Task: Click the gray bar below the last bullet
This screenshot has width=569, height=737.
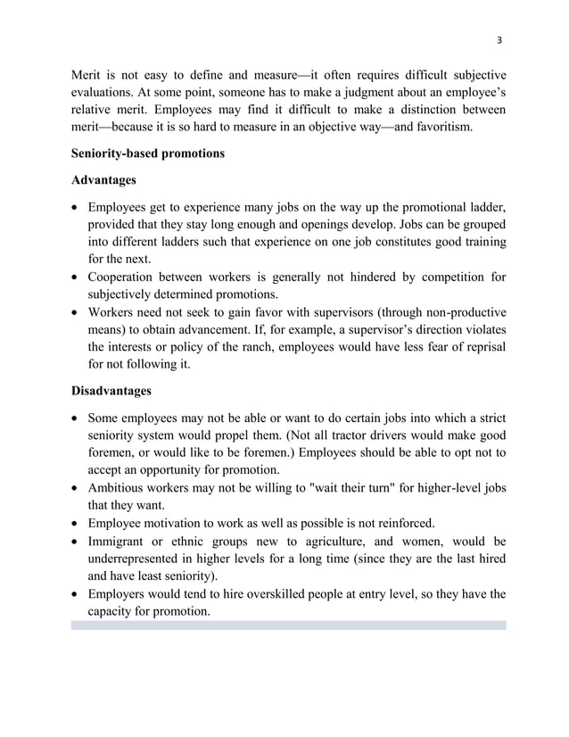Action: point(288,626)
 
